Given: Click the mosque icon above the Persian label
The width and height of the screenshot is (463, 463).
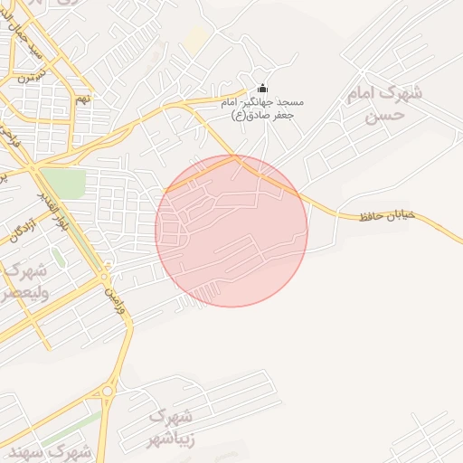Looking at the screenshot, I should pos(263,88).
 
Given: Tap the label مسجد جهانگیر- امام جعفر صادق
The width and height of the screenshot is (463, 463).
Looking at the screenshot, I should pos(263,109).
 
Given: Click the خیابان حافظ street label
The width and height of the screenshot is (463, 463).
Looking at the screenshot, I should pos(386,215).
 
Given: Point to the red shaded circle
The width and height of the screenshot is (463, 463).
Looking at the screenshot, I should pos(231,231).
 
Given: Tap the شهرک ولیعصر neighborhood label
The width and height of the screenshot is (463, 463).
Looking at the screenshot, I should pos(20,281).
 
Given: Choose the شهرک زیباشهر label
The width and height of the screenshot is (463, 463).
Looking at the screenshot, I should pos(171,429).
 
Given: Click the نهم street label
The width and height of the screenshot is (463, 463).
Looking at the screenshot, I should pos(82,97).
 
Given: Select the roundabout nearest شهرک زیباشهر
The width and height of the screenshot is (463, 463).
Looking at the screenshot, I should pos(109,391).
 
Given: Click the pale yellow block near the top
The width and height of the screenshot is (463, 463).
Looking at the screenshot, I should pos(196,37).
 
